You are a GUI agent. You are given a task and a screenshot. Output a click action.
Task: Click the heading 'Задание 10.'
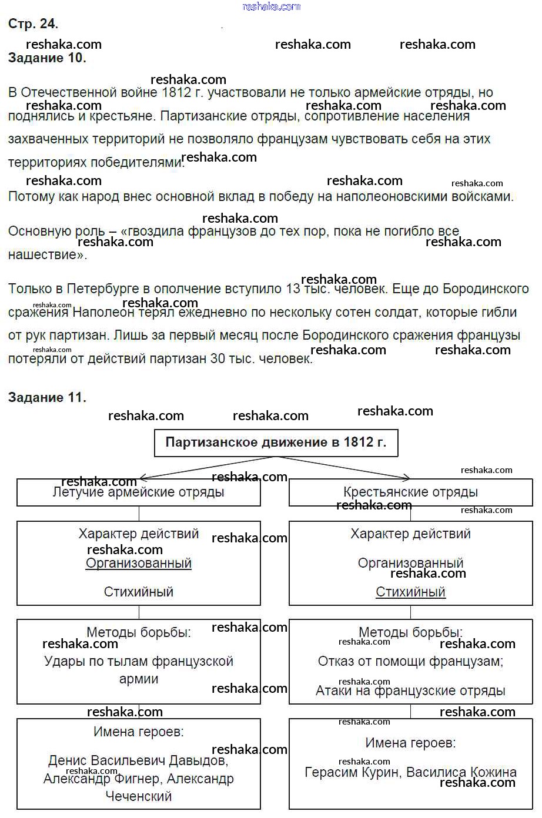pyautogui.click(x=47, y=58)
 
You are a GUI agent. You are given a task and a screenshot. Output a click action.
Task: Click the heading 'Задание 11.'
pyautogui.click(x=47, y=397)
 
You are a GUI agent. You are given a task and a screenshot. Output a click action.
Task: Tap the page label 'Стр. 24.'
pyautogui.click(x=33, y=24)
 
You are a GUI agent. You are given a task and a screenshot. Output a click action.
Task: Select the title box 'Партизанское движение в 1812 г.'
pyautogui.click(x=276, y=442)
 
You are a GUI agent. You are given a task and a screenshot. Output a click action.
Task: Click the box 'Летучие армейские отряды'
pyautogui.click(x=138, y=492)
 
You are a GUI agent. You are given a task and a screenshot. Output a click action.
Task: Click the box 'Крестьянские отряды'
pyautogui.click(x=410, y=492)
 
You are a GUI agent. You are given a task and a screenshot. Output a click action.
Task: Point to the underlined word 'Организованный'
pyautogui.click(x=139, y=563)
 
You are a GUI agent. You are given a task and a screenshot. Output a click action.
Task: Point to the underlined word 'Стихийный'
pyautogui.click(x=410, y=592)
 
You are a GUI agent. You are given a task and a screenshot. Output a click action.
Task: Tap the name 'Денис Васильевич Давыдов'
pyautogui.click(x=138, y=760)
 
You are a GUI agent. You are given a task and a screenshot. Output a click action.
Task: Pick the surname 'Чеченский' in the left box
pyautogui.click(x=139, y=796)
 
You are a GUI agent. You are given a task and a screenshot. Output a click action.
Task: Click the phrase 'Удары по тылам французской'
pyautogui.click(x=139, y=661)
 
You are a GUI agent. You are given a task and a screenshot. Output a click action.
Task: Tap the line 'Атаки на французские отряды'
pyautogui.click(x=410, y=690)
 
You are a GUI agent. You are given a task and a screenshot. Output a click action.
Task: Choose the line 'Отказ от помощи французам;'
pyautogui.click(x=410, y=661)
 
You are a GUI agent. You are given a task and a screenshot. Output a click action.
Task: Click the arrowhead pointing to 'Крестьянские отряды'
pyautogui.click(x=406, y=478)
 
